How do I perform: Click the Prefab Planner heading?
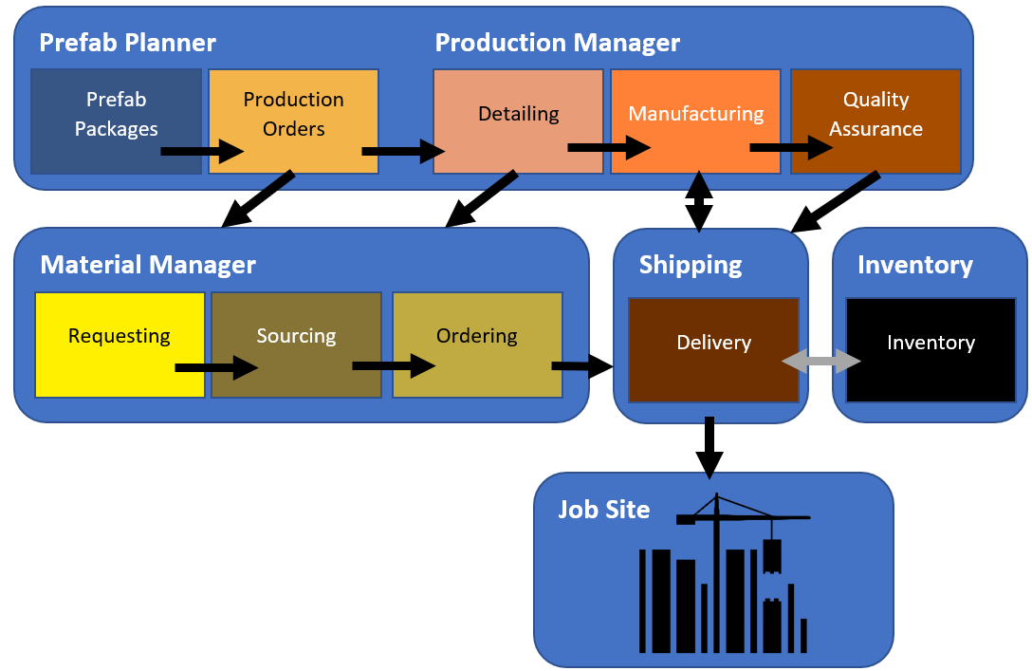[127, 43]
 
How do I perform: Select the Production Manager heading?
[557, 43]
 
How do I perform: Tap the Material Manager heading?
[148, 264]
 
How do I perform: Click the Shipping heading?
[691, 265]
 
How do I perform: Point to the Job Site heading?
[603, 510]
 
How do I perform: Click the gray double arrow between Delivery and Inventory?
[820, 361]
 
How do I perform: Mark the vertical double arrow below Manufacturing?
[699, 201]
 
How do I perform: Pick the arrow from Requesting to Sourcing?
[216, 367]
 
